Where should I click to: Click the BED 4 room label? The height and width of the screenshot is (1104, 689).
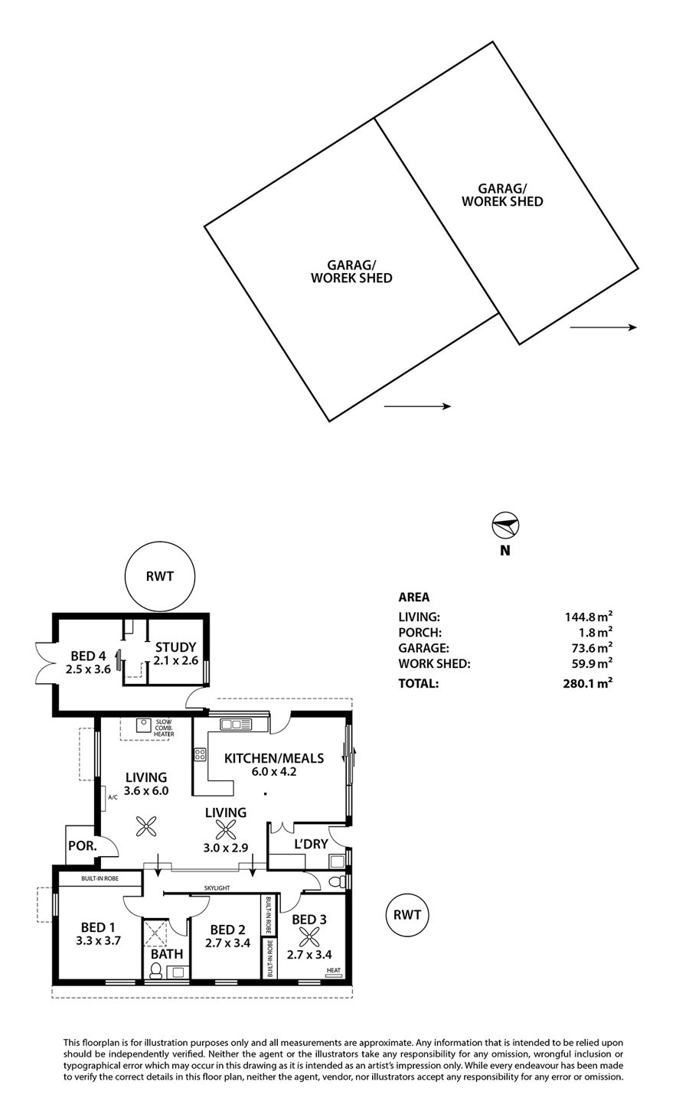(88, 656)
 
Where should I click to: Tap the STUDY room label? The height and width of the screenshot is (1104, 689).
(175, 646)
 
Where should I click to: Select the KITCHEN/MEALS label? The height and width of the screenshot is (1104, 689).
(273, 758)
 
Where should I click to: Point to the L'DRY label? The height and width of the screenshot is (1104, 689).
(311, 844)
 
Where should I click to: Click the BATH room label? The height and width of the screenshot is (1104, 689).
(166, 954)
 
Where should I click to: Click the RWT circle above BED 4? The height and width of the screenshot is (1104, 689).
(161, 578)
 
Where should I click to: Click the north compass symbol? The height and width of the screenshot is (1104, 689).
(505, 526)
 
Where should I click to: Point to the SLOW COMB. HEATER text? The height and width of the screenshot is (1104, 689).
(164, 728)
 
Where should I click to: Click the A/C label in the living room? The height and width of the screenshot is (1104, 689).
(113, 797)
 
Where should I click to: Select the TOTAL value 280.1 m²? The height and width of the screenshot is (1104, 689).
(589, 683)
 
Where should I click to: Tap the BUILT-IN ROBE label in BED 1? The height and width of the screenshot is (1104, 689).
(100, 879)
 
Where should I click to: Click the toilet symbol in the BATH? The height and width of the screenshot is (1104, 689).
(156, 971)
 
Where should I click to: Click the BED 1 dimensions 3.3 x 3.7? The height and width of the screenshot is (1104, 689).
(99, 941)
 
